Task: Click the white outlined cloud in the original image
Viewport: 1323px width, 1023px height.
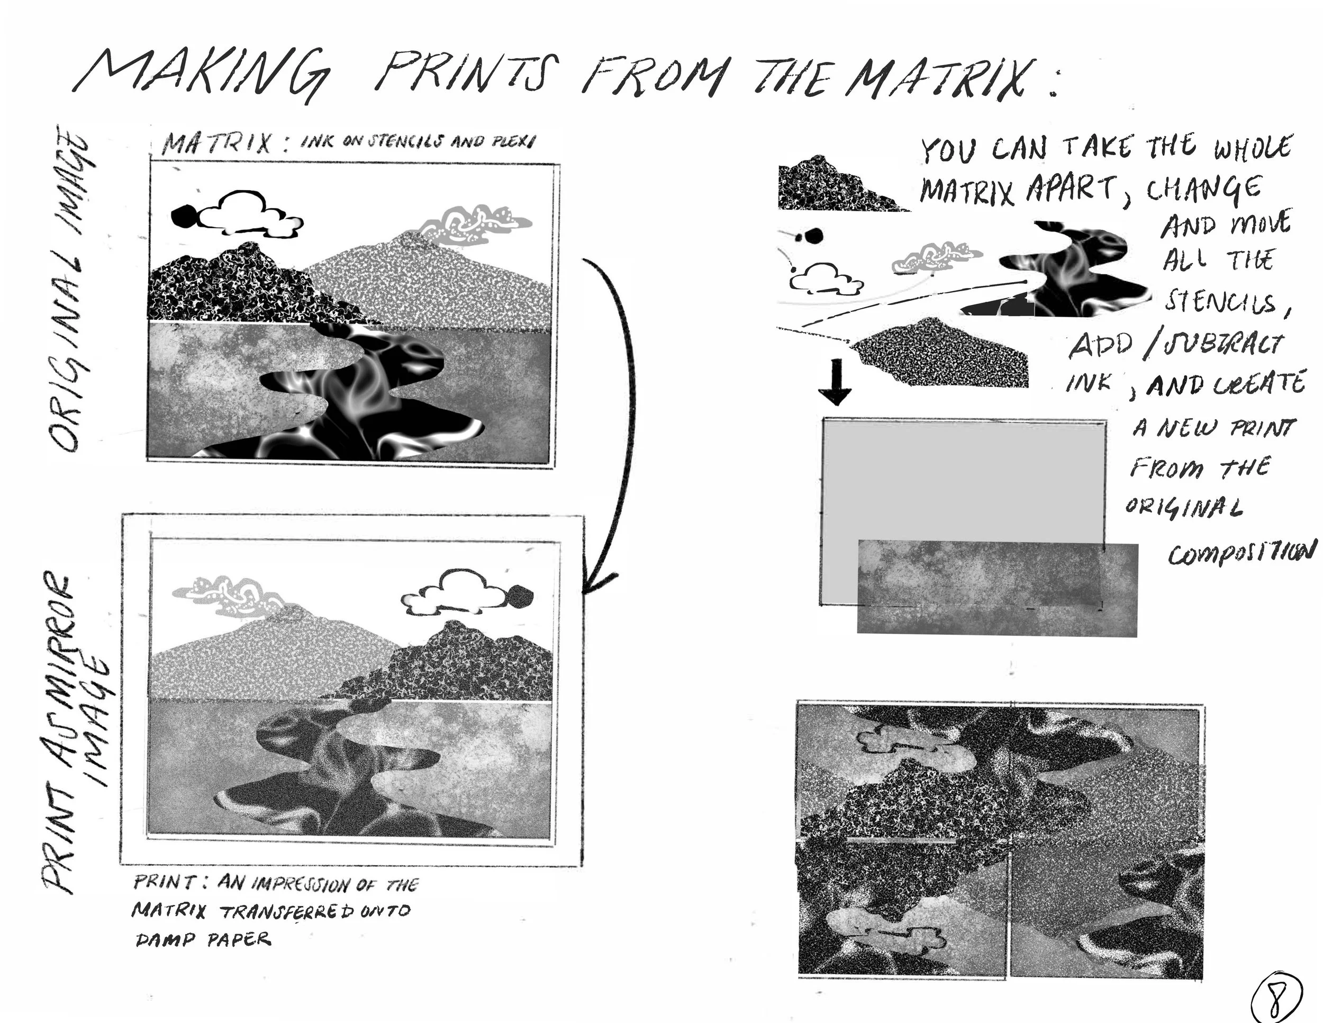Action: coord(248,213)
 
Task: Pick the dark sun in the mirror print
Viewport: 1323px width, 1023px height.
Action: coord(520,596)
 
